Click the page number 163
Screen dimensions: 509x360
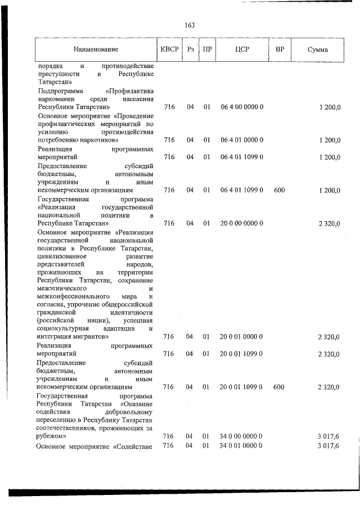(189, 25)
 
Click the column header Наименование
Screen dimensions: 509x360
(96, 50)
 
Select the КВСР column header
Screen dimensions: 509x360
(169, 49)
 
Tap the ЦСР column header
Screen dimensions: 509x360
(242, 49)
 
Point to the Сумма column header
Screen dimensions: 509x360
(318, 50)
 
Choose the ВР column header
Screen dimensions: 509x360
(280, 49)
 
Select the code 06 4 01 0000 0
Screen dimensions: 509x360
(242, 140)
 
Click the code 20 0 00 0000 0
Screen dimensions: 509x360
(242, 224)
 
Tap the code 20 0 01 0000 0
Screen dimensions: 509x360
(242, 336)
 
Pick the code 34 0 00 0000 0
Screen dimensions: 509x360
(242, 436)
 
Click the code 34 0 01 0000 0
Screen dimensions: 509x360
(242, 445)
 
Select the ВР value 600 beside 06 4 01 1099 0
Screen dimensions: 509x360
(279, 191)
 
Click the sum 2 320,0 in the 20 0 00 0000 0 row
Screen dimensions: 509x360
(328, 224)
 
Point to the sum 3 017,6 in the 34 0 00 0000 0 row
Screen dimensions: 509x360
(328, 436)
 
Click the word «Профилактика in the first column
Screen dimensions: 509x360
(130, 91)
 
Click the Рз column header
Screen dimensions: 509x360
(191, 49)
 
